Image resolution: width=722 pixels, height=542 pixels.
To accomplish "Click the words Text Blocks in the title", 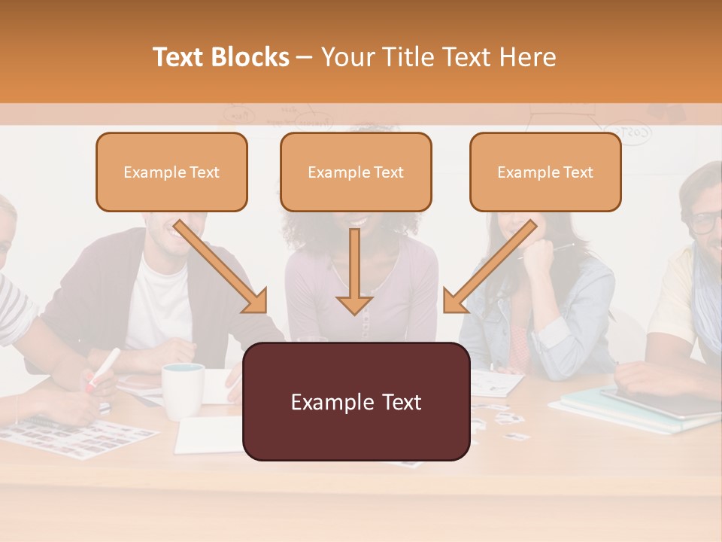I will [220, 57].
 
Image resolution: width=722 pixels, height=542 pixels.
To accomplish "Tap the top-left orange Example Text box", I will [171, 172].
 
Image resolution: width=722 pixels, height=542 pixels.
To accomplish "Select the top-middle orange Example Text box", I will [356, 172].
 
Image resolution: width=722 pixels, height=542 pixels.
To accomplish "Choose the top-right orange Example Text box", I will [545, 172].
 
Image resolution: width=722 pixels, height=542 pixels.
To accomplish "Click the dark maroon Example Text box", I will [356, 401].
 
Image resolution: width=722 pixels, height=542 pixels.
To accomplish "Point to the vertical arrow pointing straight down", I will [354, 271].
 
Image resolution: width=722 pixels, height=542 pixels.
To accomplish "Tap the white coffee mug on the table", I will [183, 390].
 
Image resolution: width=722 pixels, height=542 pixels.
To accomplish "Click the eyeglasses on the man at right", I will [705, 222].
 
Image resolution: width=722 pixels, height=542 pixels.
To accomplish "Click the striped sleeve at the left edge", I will [17, 309].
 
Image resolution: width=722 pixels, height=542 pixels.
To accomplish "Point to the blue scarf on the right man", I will [707, 301].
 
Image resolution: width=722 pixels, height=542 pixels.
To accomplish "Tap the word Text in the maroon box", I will [395, 401].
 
